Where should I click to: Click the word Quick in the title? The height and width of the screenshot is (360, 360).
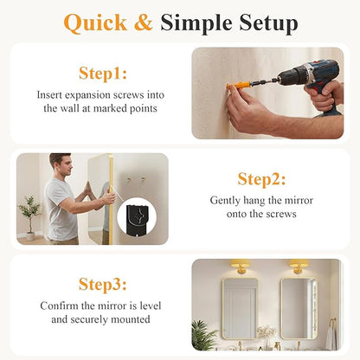95,23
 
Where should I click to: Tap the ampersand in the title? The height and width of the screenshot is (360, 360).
144,22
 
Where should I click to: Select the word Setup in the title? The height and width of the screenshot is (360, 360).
268,23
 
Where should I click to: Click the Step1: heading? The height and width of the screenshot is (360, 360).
103,74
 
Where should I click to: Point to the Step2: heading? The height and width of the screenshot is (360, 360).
261,179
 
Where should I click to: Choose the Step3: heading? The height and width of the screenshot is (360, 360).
102,285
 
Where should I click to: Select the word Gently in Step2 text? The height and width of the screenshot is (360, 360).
225,201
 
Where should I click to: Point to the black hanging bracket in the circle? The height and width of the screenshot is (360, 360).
138,219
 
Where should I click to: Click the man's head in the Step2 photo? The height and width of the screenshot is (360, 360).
61,164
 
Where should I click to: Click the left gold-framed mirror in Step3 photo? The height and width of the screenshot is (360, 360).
240,308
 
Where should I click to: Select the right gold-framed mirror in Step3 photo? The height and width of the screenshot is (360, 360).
299,308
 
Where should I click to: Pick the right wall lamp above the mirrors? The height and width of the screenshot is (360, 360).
299,266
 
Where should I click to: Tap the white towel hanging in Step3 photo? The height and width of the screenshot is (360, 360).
331,337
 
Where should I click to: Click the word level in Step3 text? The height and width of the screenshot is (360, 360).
151,305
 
